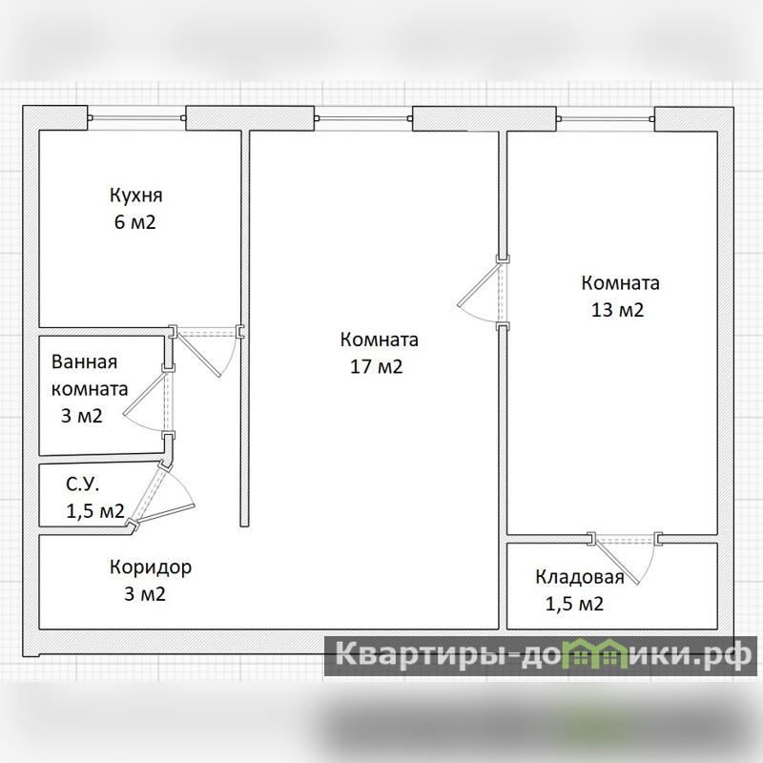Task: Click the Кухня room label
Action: click(135, 196)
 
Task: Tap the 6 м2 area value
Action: click(134, 222)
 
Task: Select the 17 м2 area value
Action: click(377, 366)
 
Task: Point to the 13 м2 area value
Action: click(617, 310)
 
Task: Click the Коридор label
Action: click(151, 567)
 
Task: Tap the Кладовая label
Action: click(580, 577)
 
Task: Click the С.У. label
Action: click(83, 485)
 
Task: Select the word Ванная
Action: click(84, 362)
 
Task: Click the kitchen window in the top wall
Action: click(136, 117)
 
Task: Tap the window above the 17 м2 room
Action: click(363, 118)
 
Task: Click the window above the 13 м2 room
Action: click(605, 118)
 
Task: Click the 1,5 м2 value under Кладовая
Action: click(575, 605)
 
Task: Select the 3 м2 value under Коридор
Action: click(145, 594)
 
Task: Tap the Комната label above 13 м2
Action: click(621, 283)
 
